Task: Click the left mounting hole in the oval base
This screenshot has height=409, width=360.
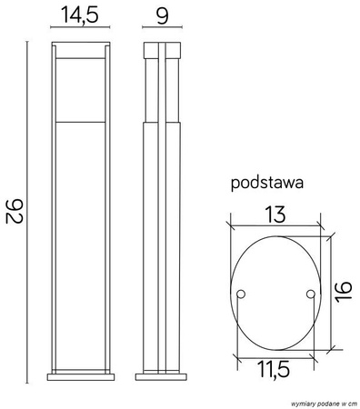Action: [241, 294]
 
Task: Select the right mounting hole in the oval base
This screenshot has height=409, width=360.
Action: [310, 294]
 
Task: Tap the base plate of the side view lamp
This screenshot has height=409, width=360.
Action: [163, 375]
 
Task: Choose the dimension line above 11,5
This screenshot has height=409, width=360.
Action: [274, 354]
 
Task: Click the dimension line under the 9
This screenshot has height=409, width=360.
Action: [163, 30]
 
